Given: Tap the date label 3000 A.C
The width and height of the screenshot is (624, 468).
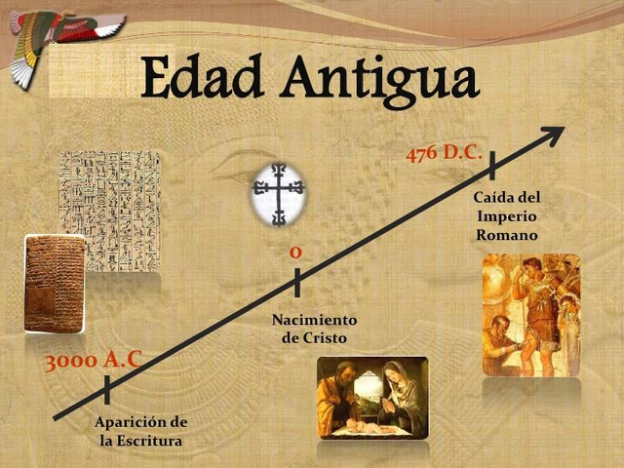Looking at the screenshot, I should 94,361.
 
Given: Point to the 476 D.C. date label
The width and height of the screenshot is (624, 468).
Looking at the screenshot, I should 444,153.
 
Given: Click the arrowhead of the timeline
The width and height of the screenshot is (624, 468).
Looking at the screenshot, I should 553,134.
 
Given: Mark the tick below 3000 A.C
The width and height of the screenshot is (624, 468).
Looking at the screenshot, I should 106,389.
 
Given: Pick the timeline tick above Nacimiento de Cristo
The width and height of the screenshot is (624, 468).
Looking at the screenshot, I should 296,282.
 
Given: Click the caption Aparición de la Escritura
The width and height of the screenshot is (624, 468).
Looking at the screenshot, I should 141,431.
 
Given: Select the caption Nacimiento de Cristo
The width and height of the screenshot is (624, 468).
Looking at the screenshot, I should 314,329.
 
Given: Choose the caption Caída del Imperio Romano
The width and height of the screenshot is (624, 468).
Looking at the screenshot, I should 507,215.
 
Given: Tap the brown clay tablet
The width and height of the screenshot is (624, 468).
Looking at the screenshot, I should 53,284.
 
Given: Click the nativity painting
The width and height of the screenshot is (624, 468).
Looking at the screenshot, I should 372,397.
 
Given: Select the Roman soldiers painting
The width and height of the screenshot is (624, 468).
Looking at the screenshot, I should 531,314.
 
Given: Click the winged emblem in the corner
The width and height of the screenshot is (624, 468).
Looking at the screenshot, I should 58,39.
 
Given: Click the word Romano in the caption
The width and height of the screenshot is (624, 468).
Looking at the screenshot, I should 507,235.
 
